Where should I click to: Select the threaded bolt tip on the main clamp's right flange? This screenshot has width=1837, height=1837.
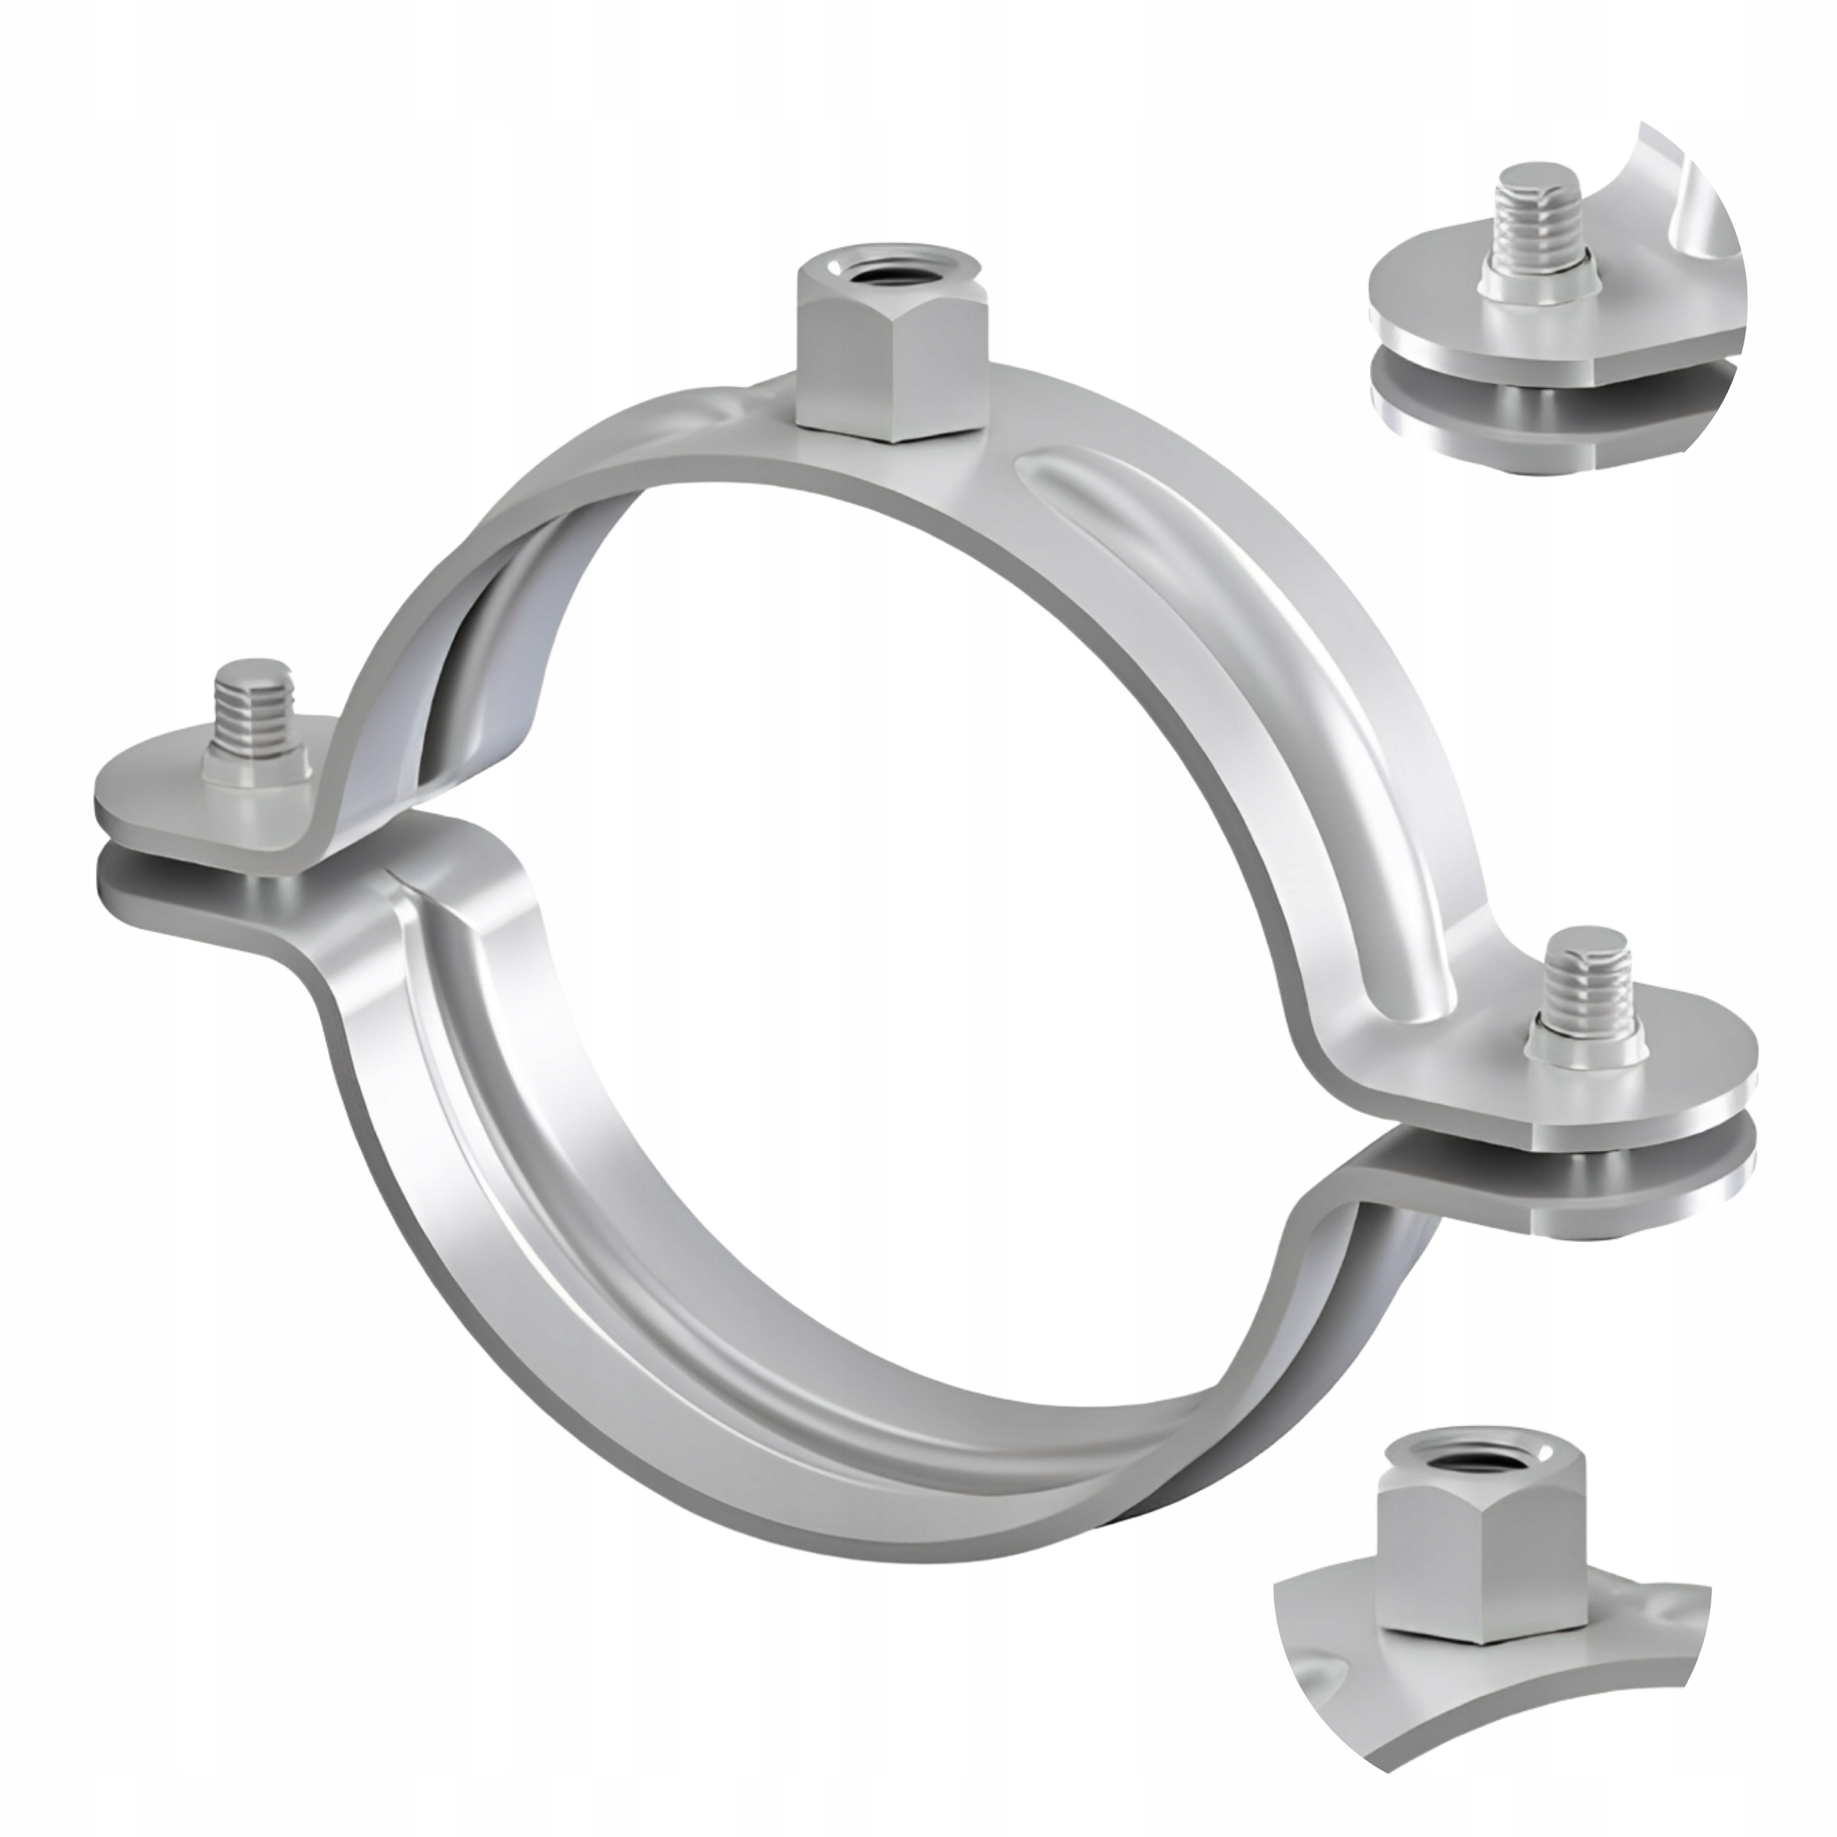[x=1584, y=983]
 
